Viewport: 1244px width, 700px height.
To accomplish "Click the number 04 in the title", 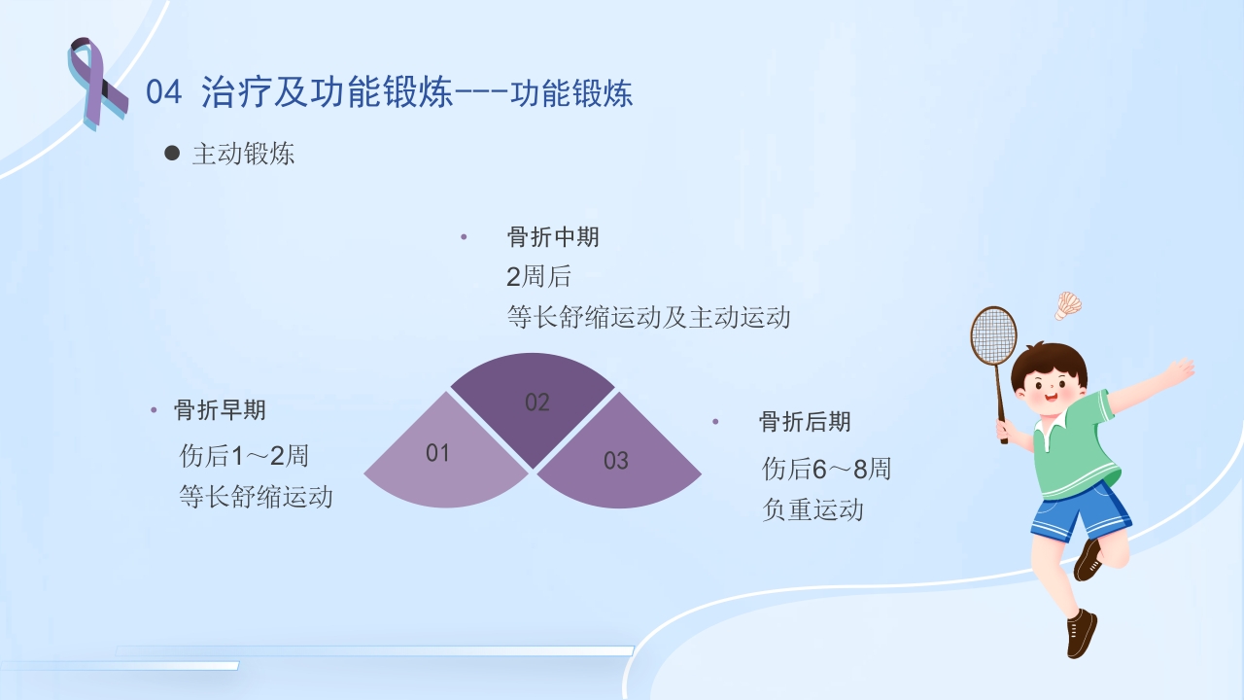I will click(x=163, y=93).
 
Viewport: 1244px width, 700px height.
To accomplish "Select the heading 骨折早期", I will click(x=220, y=410).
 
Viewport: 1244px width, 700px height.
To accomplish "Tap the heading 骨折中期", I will click(x=553, y=237).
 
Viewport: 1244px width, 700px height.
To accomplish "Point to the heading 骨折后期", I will click(x=805, y=422).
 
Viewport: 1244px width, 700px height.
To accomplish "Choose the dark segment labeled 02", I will click(x=534, y=402).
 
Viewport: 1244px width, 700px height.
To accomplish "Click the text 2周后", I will click(x=538, y=277).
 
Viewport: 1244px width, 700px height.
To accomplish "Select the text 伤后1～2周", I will click(x=244, y=455).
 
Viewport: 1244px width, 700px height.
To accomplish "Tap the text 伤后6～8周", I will click(x=826, y=470).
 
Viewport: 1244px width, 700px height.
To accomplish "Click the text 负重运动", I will click(x=812, y=509).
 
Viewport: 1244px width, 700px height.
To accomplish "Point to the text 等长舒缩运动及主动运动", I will click(x=648, y=317).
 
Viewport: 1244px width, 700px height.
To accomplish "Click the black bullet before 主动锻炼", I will click(x=172, y=153).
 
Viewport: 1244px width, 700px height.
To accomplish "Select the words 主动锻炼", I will click(x=243, y=154).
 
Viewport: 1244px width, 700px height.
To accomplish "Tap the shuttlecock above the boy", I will click(x=1068, y=304).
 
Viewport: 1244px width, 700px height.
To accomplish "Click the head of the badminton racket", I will click(x=993, y=335).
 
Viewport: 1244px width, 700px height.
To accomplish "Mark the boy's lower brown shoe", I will click(x=1080, y=634).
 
